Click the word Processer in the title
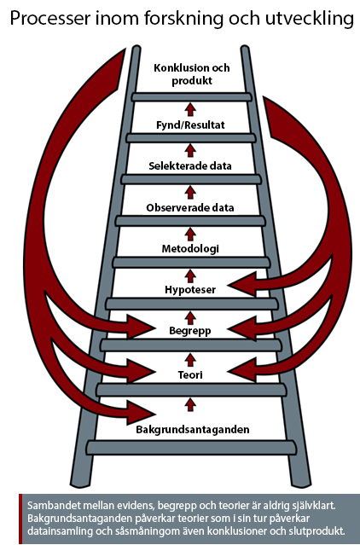tap(49, 18)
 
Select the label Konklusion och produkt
tap(192, 74)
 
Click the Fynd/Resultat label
tap(190, 125)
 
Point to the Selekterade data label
tap(190, 165)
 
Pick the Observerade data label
tap(190, 208)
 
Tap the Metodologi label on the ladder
tap(190, 249)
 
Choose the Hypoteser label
tap(190, 289)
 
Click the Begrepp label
tap(190, 331)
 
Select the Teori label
tap(190, 375)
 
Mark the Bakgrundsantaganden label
tap(193, 430)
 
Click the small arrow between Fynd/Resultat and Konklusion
tap(190, 109)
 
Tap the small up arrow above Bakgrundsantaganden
tap(190, 404)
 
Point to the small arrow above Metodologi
tap(190, 235)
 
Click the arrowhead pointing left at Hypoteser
tap(241, 284)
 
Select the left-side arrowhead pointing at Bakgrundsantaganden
tap(141, 414)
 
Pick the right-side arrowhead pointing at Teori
tap(241, 370)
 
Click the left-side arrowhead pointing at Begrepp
tap(141, 327)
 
